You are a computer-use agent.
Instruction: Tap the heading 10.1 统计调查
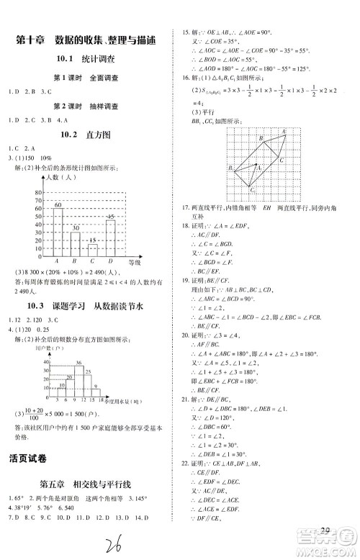coord(87,59)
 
